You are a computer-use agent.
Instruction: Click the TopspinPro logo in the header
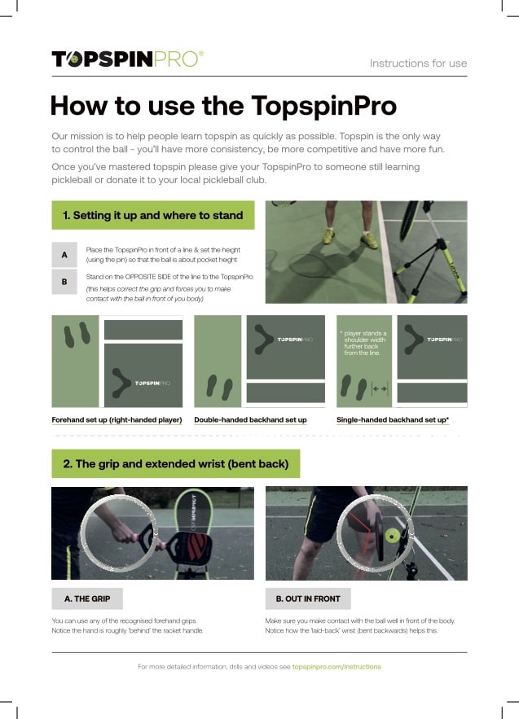(128, 59)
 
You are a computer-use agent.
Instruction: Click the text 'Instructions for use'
(418, 64)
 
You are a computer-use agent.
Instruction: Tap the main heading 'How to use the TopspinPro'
(223, 106)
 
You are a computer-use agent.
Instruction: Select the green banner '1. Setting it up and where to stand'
(153, 215)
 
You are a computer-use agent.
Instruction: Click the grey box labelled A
(64, 255)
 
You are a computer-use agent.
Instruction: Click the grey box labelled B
(64, 282)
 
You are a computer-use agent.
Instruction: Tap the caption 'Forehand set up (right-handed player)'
(117, 419)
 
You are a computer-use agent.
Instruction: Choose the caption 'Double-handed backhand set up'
(251, 419)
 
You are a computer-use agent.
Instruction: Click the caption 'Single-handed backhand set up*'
(393, 419)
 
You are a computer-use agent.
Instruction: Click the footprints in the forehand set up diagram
(77, 335)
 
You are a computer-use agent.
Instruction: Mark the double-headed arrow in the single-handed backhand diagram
(380, 389)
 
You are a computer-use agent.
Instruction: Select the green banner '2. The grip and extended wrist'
(176, 463)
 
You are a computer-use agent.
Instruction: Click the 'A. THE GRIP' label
(87, 598)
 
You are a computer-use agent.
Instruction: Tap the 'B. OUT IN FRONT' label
(308, 598)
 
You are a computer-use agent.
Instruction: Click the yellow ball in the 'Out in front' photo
(393, 536)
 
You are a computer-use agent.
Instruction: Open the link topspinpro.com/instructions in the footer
(336, 667)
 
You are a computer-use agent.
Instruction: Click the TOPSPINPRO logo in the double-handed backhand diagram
(295, 340)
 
